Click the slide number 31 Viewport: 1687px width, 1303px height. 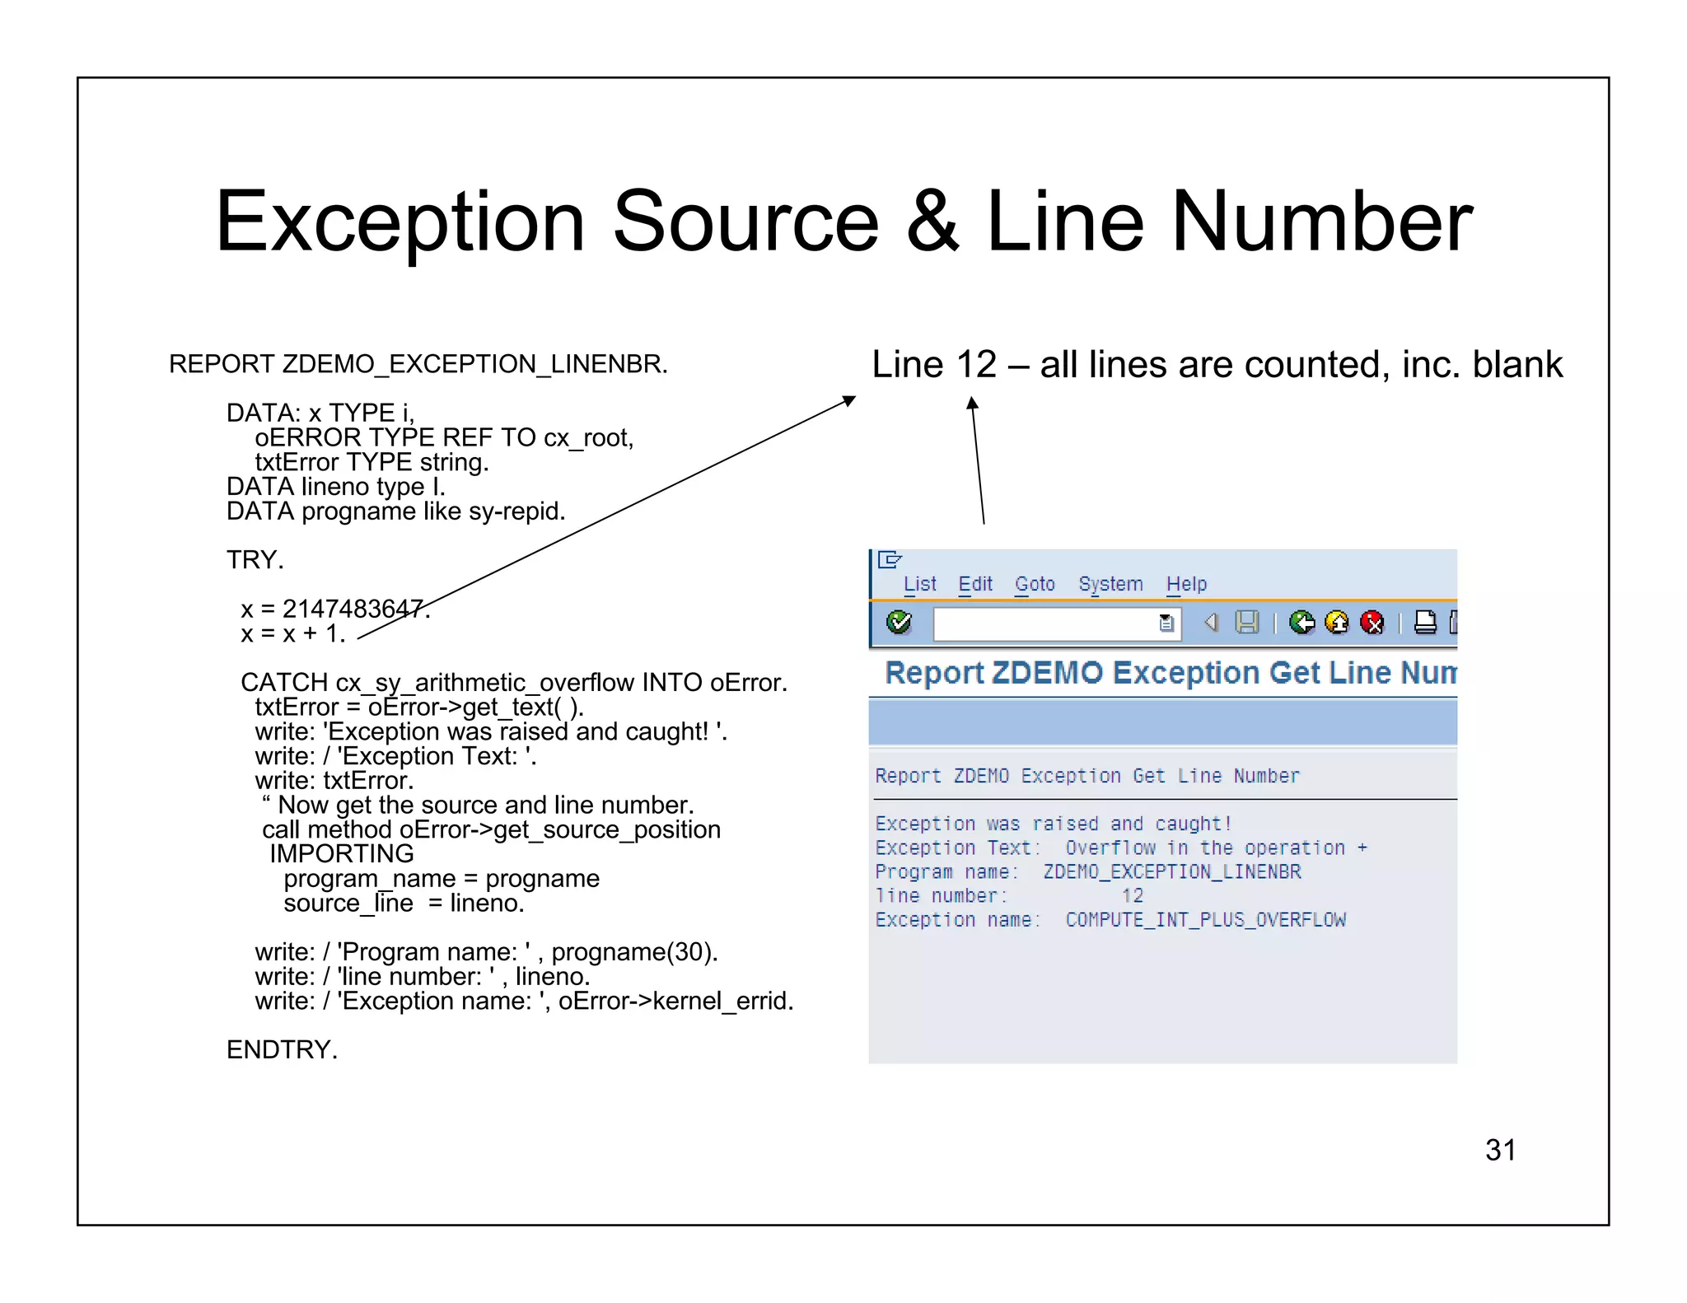[x=1500, y=1150]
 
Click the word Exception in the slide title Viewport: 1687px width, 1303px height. [x=400, y=222]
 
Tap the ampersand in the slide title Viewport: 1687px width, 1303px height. [x=932, y=222]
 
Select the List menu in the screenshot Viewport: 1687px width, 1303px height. [x=919, y=584]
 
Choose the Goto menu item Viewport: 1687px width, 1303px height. [x=1035, y=584]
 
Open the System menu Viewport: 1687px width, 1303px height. [x=1110, y=584]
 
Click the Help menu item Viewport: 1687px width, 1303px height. [x=1186, y=584]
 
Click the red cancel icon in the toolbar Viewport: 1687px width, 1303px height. [x=1372, y=623]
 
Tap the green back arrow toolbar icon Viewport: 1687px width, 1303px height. [x=1301, y=623]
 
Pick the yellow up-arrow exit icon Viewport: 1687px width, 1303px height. [x=1337, y=623]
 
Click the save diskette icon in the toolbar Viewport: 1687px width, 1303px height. [x=1247, y=623]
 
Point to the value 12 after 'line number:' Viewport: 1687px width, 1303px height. [x=1133, y=896]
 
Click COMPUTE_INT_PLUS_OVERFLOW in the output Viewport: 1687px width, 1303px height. [x=1205, y=920]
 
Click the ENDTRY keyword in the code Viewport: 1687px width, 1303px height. [x=282, y=1050]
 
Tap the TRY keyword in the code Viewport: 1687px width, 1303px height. [x=255, y=560]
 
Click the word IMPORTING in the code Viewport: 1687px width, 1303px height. [x=342, y=854]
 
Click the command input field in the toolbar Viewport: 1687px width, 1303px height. [x=1046, y=623]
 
